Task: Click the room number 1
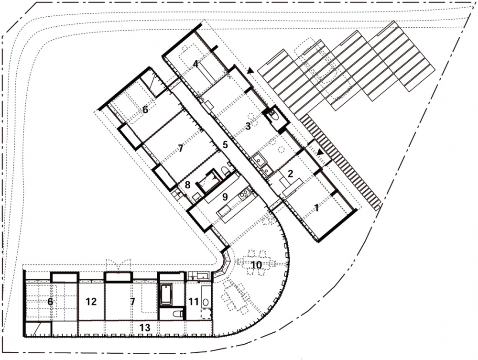(x=317, y=208)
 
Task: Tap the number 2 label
(x=290, y=174)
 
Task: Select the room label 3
(x=248, y=126)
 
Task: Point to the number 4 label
(x=196, y=64)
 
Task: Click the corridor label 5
(x=225, y=145)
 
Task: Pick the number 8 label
(x=187, y=185)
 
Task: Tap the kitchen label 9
(x=225, y=197)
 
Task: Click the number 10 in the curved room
(x=257, y=265)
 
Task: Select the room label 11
(x=194, y=302)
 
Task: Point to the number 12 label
(x=91, y=302)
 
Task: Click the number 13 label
(x=145, y=327)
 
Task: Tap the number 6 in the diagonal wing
(x=145, y=109)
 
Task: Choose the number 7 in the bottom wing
(x=132, y=302)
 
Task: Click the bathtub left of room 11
(x=166, y=295)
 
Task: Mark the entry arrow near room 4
(x=250, y=71)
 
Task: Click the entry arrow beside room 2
(x=320, y=153)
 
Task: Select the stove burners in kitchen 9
(x=245, y=195)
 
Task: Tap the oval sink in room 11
(x=206, y=302)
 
